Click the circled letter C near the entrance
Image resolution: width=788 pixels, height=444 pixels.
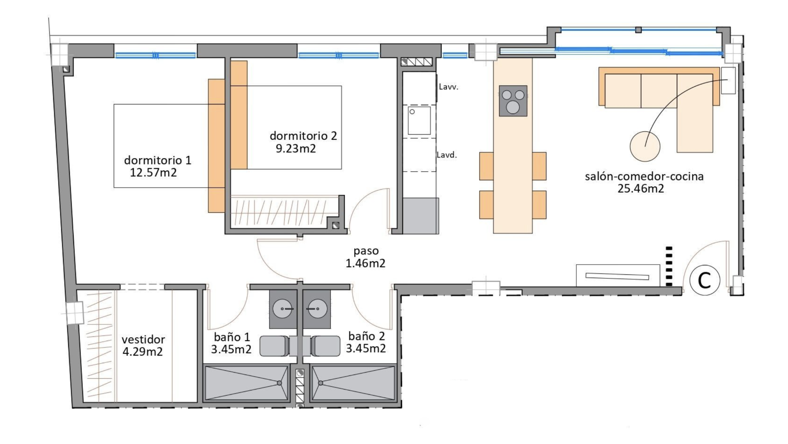704,280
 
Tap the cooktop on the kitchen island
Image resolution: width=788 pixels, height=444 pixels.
513,101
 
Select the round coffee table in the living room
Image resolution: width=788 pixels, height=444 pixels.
645,146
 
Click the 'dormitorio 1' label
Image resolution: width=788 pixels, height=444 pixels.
158,160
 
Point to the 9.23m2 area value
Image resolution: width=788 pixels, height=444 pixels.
295,149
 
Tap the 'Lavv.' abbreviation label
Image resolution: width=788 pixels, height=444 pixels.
448,87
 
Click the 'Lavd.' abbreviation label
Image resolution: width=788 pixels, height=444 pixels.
447,155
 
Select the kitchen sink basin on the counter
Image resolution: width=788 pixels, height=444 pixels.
419,120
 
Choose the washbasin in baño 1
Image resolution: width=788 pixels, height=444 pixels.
283,309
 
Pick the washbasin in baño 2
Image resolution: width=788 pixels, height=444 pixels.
316,309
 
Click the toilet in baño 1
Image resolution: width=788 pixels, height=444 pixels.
275,346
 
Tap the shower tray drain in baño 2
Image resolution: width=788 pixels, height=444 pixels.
321,382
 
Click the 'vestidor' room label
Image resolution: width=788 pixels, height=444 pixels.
143,340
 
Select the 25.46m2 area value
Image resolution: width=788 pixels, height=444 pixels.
641,188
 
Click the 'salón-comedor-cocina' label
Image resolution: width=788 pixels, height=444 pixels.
644,176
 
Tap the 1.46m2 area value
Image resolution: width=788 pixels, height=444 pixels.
366,263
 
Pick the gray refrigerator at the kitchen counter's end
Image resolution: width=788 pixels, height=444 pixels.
420,216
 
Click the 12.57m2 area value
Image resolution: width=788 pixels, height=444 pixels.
153,173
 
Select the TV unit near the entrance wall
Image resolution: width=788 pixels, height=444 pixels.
618,276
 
